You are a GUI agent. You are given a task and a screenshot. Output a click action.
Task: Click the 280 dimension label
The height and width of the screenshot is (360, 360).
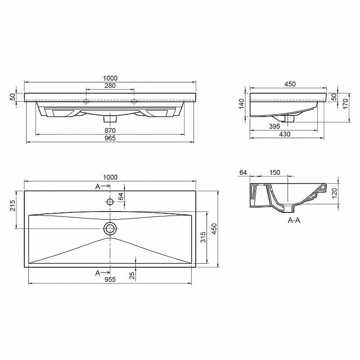pyautogui.click(x=110, y=85)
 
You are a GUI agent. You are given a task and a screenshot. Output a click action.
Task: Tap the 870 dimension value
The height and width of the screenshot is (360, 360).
pyautogui.click(x=110, y=130)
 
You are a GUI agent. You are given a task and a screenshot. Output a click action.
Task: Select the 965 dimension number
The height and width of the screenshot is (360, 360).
pyautogui.click(x=110, y=138)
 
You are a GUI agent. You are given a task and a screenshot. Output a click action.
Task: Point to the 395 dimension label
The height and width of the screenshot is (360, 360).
pyautogui.click(x=274, y=126)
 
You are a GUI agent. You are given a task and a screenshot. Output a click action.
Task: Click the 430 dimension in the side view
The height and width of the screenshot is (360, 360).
pyautogui.click(x=285, y=134)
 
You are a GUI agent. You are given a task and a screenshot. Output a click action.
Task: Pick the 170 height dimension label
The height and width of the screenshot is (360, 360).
pyautogui.click(x=346, y=104)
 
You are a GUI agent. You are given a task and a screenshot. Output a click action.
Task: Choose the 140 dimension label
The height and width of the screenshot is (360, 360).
pyautogui.click(x=242, y=104)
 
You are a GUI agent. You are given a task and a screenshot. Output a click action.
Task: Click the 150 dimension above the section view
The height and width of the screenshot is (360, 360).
pyautogui.click(x=274, y=172)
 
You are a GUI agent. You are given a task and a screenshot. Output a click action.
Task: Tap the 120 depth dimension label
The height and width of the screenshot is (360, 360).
pyautogui.click(x=334, y=193)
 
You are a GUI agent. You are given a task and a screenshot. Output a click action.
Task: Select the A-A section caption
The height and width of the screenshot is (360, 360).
pyautogui.click(x=294, y=220)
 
